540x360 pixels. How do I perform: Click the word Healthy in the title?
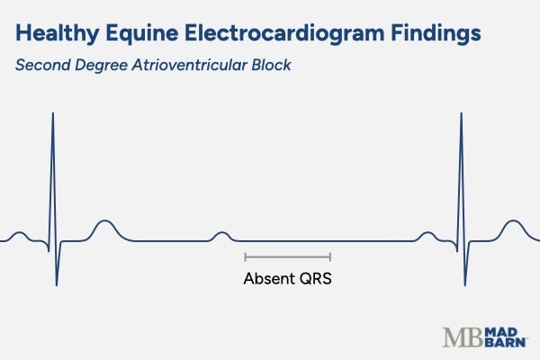tap(57, 34)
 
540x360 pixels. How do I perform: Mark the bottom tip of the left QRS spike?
tap(57, 285)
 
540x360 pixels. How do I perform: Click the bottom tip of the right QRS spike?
tap(464, 285)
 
